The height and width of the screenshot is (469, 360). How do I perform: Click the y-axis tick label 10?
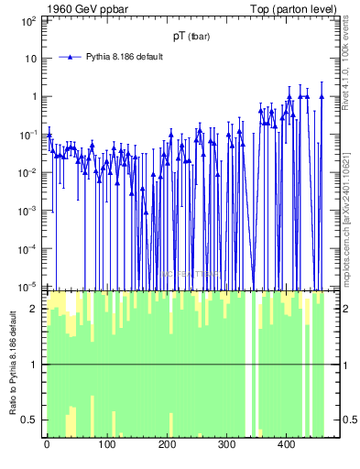[32, 58]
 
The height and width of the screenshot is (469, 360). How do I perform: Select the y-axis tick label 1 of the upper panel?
[34, 96]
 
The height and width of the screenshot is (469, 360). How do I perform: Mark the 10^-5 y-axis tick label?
[29, 285]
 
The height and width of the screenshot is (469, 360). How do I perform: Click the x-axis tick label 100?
[106, 444]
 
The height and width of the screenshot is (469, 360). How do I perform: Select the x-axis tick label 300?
[225, 444]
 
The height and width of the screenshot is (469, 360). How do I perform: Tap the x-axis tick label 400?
[286, 444]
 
